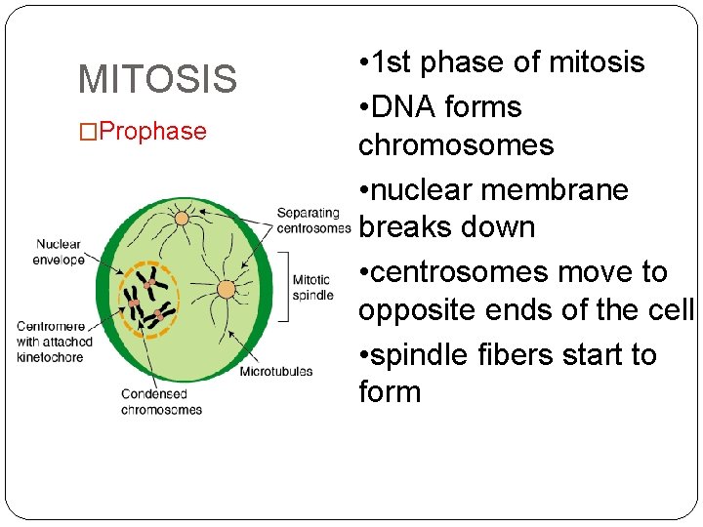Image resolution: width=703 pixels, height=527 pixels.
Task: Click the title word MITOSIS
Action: coord(157,79)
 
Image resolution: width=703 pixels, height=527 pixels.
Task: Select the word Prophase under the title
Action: coord(152,132)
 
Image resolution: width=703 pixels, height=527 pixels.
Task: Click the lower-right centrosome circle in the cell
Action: coord(226,289)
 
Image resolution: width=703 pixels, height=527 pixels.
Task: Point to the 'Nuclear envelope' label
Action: coord(59,252)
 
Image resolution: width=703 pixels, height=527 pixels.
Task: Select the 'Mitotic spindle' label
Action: coord(312,288)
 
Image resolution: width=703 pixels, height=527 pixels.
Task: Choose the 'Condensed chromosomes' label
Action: coord(161,402)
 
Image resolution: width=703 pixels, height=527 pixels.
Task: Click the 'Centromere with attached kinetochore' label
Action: coord(55,342)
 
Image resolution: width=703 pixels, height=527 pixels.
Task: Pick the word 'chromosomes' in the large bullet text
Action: coord(456,145)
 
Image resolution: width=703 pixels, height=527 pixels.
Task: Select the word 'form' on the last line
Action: coord(390,392)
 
